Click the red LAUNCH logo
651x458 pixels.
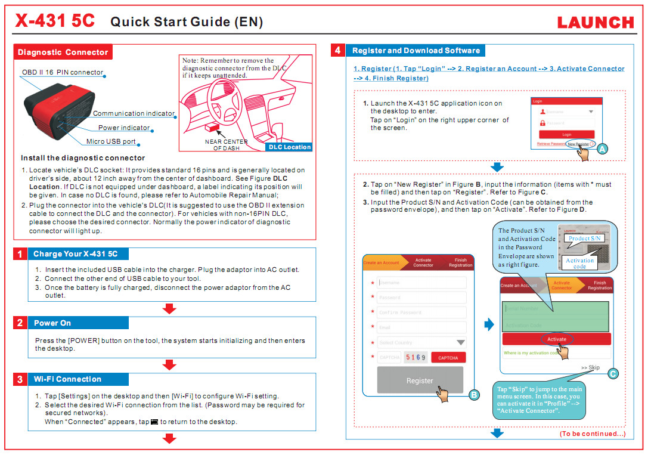click(x=596, y=23)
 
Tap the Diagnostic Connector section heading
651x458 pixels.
click(x=63, y=52)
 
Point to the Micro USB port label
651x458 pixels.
click(x=111, y=142)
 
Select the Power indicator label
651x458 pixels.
click(x=124, y=128)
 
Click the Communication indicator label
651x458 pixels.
click(x=134, y=113)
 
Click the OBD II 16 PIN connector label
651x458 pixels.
click(x=63, y=73)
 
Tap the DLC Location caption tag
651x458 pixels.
click(x=290, y=147)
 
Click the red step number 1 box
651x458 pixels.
click(x=20, y=254)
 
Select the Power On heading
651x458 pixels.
click(x=52, y=323)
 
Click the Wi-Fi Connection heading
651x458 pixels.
click(x=67, y=379)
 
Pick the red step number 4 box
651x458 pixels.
click(x=337, y=51)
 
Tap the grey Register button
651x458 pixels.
click(x=420, y=380)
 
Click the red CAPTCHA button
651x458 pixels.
click(x=448, y=358)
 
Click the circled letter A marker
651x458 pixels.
click(x=602, y=149)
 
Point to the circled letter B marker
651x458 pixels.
click(x=474, y=395)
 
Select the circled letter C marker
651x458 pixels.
click(x=612, y=374)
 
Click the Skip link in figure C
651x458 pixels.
click(x=591, y=368)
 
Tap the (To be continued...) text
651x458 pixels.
click(x=592, y=434)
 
